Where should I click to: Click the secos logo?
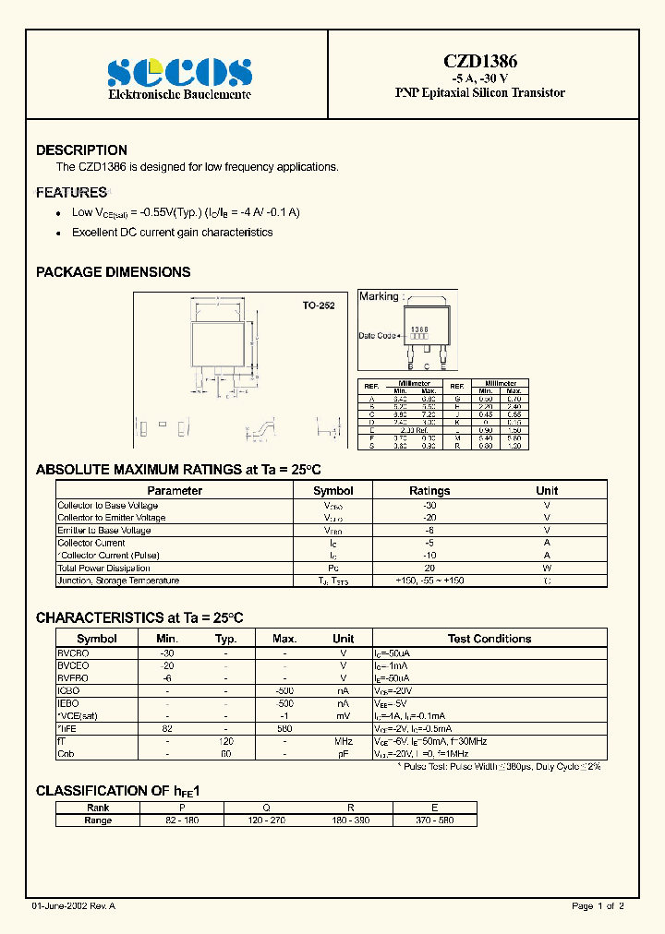point(179,71)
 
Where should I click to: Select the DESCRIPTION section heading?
point(81,150)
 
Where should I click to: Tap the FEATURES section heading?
point(71,193)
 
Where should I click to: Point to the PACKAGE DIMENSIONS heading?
point(113,272)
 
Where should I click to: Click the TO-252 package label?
point(319,305)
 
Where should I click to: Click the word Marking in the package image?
point(379,296)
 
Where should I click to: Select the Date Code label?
point(378,336)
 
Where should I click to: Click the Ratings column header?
point(429,491)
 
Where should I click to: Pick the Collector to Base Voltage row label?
point(108,506)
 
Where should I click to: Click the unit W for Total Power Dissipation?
point(547,568)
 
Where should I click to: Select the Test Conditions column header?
point(489,639)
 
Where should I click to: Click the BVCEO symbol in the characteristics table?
point(74,665)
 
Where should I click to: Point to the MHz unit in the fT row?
point(343,741)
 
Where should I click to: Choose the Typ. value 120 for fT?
point(226,741)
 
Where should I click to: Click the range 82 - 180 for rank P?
point(181,820)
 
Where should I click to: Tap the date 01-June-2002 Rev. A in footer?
point(73,906)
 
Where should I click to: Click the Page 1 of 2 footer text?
point(598,906)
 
